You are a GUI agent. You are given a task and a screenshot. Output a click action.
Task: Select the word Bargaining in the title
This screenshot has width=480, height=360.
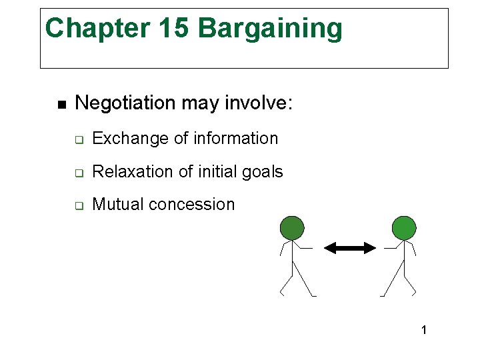pyautogui.click(x=270, y=29)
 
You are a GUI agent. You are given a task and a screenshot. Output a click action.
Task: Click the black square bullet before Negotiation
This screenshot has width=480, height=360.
pyautogui.click(x=61, y=105)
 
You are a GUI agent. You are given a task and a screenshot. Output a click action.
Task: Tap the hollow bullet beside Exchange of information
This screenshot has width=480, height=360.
pyautogui.click(x=78, y=140)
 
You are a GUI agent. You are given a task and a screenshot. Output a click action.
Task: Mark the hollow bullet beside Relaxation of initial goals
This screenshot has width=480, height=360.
pyautogui.click(x=78, y=173)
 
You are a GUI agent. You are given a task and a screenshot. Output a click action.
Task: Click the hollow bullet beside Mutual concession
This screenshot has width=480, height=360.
pyautogui.click(x=78, y=206)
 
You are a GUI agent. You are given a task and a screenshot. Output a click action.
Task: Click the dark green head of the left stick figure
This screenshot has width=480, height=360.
pyautogui.click(x=291, y=228)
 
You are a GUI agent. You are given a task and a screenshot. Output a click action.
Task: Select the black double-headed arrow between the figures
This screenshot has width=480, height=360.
pyautogui.click(x=350, y=248)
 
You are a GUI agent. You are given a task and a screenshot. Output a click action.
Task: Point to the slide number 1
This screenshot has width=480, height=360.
pyautogui.click(x=424, y=330)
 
